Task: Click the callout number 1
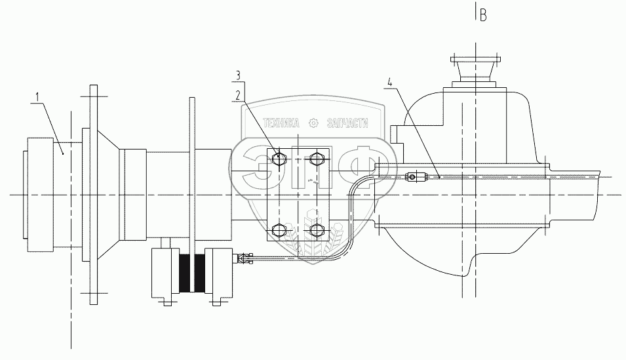37,97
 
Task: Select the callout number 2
238,95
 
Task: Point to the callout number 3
238,75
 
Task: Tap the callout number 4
389,83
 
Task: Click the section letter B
483,16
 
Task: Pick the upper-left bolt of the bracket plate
279,159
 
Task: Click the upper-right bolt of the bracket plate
316,159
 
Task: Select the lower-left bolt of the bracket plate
279,230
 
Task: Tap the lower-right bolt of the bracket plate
316,230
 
